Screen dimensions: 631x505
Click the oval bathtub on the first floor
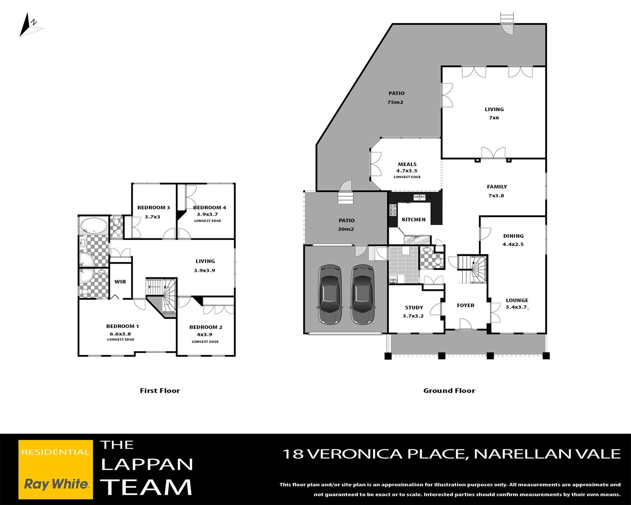point(94,225)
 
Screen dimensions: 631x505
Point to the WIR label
point(120,282)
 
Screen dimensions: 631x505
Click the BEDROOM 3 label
point(153,207)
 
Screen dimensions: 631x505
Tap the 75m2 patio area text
point(395,102)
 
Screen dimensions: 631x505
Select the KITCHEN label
point(413,220)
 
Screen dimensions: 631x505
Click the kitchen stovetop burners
point(393,210)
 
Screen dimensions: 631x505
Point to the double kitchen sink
point(419,197)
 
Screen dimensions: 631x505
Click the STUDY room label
point(414,308)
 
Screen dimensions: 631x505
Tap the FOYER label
point(466,305)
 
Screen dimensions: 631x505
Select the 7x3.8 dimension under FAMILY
point(496,196)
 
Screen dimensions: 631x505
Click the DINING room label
point(513,236)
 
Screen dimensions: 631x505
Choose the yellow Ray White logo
point(56,469)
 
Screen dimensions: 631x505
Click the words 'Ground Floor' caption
point(449,391)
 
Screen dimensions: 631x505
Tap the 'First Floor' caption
point(160,391)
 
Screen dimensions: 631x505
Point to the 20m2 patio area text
point(346,229)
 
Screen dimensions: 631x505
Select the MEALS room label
point(407,164)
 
